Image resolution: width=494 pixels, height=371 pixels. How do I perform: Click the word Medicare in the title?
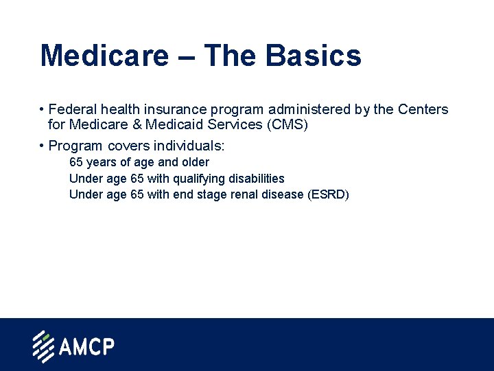(104, 55)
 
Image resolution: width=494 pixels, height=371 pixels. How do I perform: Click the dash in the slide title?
(185, 56)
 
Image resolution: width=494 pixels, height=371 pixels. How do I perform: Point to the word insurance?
(167, 109)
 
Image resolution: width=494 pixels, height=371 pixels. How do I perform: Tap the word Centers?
(422, 109)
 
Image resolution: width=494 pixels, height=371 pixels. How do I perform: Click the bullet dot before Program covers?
(42, 146)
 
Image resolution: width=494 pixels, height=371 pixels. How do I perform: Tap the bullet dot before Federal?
(42, 109)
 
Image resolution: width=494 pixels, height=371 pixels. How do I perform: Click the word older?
(195, 162)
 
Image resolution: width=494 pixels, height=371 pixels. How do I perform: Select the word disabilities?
(257, 179)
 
